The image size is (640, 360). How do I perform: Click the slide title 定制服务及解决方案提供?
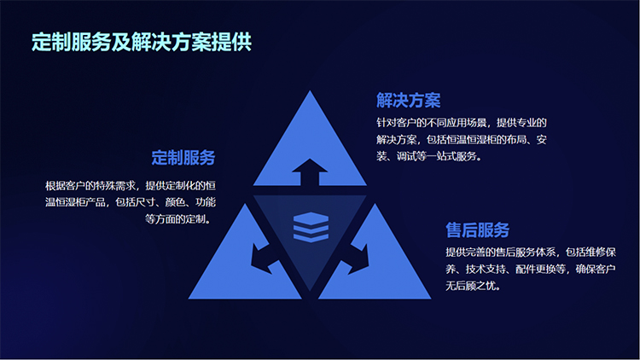pos(142,42)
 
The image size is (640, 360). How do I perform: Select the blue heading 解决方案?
pos(409,101)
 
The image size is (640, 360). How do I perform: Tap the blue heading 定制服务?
pos(183,158)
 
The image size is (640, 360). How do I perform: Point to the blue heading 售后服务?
pos(478,229)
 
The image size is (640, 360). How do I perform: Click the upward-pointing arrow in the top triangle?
pos(310,172)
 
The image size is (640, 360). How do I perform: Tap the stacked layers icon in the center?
pos(311,227)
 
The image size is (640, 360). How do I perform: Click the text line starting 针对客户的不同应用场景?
pos(461,123)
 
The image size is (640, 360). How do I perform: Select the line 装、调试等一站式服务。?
pos(429,156)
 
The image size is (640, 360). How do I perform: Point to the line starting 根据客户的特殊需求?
pos(131,186)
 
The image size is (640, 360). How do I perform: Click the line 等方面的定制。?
pos(178,219)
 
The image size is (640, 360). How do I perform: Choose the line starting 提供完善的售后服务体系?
pos(531,253)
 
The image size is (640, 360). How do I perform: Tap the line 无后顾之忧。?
pos(473,286)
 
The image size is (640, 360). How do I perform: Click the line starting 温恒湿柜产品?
pos(131,202)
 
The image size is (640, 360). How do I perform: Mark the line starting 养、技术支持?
pos(531,269)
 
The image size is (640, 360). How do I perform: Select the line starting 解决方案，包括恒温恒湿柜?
pos(461,140)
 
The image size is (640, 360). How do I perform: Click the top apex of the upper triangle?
pos(310,90)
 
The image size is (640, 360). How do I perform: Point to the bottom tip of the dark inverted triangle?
pos(310,292)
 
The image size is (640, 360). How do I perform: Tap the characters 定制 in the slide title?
pos(51,42)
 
